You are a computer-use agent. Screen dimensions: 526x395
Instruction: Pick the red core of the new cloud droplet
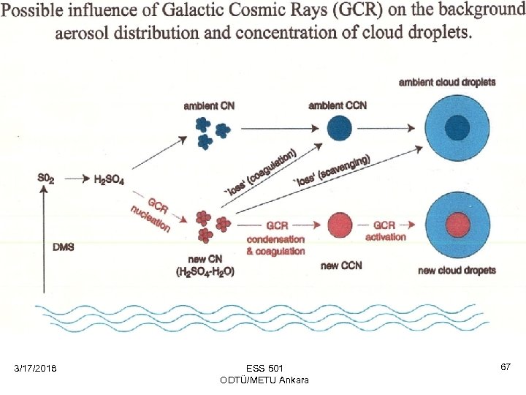[457, 223]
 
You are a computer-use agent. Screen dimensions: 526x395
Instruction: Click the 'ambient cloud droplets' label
[447, 82]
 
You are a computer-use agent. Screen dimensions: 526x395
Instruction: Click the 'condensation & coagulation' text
[275, 245]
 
